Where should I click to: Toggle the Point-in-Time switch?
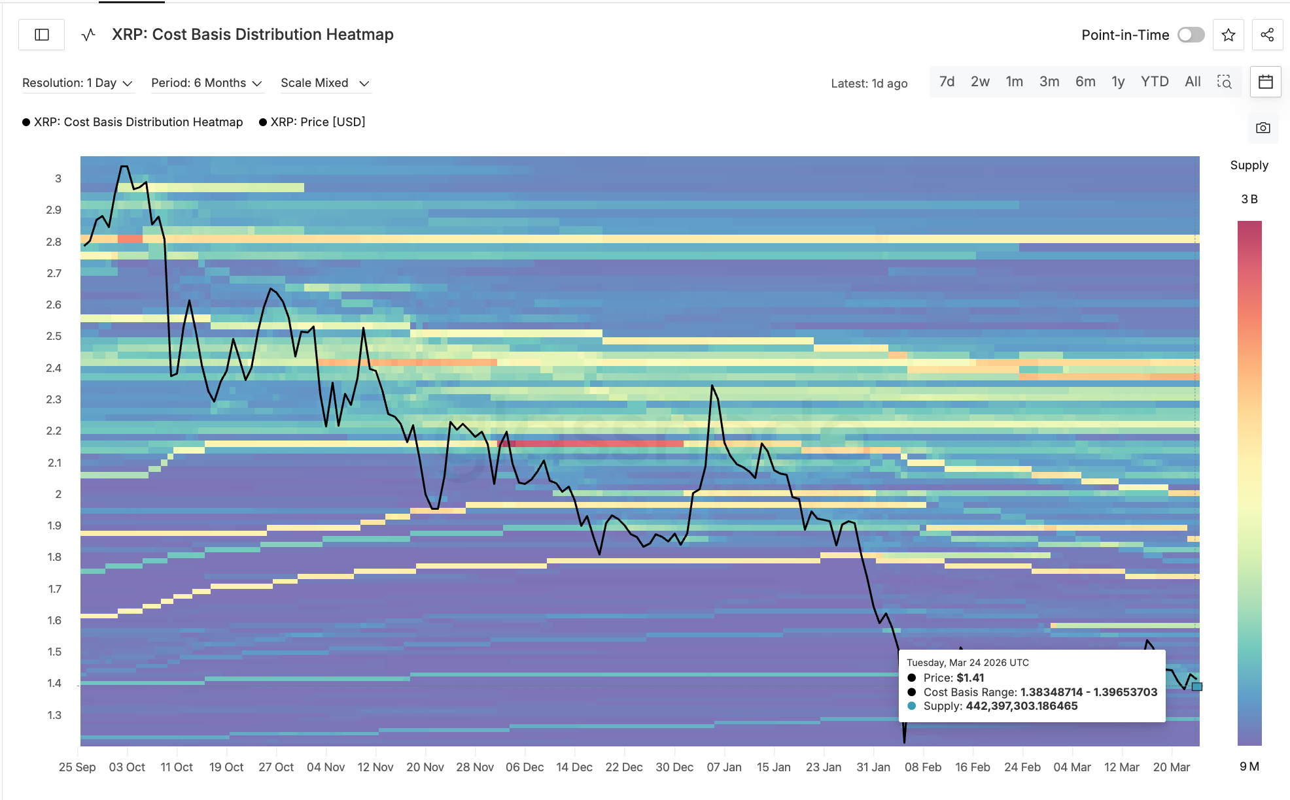pyautogui.click(x=1191, y=35)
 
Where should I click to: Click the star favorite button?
pyautogui.click(x=1228, y=35)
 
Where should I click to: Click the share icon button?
pyautogui.click(x=1267, y=35)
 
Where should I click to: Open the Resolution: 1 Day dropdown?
pyautogui.click(x=77, y=83)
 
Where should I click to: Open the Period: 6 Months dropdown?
pyautogui.click(x=206, y=83)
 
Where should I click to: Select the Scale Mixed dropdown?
pyautogui.click(x=324, y=83)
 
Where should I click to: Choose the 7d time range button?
pyautogui.click(x=947, y=82)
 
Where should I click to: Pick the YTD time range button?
pyautogui.click(x=1154, y=82)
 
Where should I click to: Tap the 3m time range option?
pyautogui.click(x=1049, y=82)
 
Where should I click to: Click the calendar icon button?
pyautogui.click(x=1265, y=82)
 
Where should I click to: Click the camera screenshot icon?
pyautogui.click(x=1263, y=127)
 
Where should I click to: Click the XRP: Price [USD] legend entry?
pyautogui.click(x=317, y=122)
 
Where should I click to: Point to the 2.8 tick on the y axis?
pyautogui.click(x=54, y=242)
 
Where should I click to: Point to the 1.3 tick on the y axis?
pyautogui.click(x=54, y=715)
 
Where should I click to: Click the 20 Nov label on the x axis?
pyautogui.click(x=425, y=767)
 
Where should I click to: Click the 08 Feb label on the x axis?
pyautogui.click(x=922, y=767)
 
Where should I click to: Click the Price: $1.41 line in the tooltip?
pyautogui.click(x=953, y=678)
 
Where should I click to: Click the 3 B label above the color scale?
pyautogui.click(x=1249, y=199)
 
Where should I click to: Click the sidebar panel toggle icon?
pyautogui.click(x=42, y=35)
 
